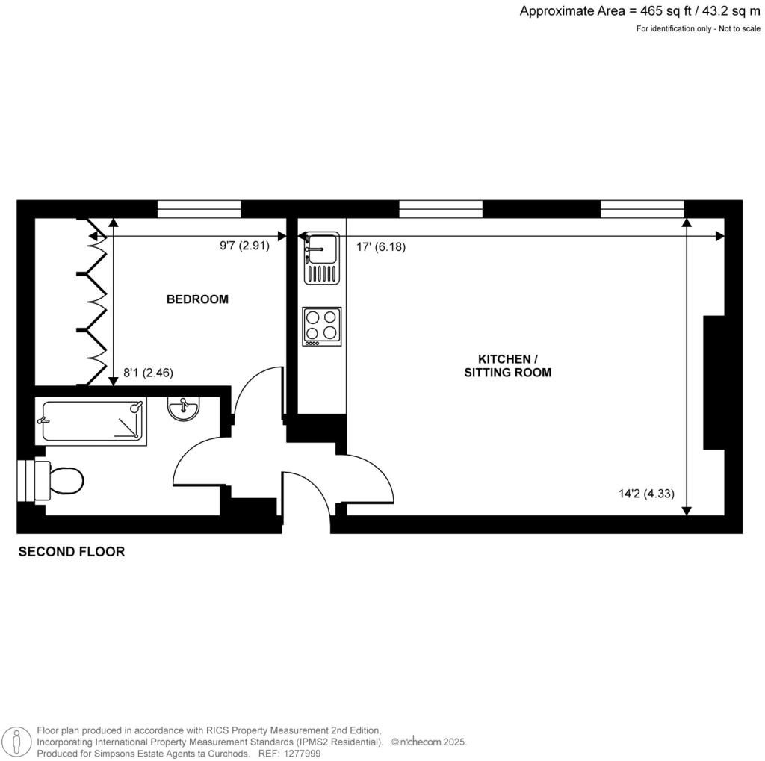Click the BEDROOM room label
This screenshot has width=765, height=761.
click(x=197, y=299)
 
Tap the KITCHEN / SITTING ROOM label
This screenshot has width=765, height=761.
click(x=508, y=366)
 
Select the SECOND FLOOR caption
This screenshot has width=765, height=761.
click(x=72, y=552)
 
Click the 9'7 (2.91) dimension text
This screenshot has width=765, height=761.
click(x=244, y=246)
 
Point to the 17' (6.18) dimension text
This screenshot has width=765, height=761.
click(x=381, y=247)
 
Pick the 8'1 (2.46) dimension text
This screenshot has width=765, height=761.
click(x=149, y=373)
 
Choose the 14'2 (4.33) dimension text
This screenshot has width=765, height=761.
click(x=646, y=494)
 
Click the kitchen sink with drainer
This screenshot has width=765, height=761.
click(x=321, y=258)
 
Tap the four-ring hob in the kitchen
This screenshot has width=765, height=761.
click(x=321, y=327)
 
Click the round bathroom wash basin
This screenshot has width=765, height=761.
click(x=183, y=409)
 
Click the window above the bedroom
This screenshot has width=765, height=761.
click(x=199, y=209)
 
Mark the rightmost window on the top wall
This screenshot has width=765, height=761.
click(x=642, y=209)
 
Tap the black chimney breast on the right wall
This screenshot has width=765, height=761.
click(x=713, y=382)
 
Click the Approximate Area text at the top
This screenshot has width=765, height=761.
click(x=639, y=11)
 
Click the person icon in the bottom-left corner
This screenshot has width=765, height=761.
click(x=17, y=742)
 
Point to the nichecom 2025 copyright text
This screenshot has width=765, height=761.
click(x=429, y=742)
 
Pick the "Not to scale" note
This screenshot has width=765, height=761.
click(x=739, y=29)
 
